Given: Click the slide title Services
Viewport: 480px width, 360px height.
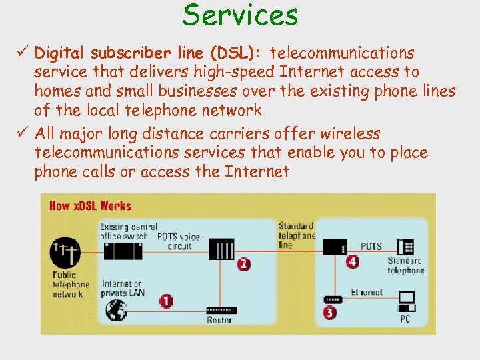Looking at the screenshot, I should (240, 15).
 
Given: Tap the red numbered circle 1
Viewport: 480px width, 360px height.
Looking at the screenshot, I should (166, 301).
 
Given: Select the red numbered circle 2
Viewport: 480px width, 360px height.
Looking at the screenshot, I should (244, 264).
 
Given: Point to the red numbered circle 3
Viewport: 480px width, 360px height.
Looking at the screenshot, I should (329, 311).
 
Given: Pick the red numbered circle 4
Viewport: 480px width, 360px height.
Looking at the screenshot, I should (353, 261).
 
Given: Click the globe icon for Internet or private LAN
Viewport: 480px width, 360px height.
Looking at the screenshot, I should (117, 309).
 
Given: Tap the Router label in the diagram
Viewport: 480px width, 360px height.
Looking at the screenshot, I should (219, 321).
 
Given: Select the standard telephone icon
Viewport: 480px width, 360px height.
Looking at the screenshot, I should (405, 246).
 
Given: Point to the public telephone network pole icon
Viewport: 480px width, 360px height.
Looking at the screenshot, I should (65, 253).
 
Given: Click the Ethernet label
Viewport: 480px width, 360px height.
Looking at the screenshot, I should (367, 292).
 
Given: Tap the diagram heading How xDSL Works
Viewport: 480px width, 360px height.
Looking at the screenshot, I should (91, 205).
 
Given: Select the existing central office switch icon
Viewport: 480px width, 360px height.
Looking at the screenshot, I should (123, 251).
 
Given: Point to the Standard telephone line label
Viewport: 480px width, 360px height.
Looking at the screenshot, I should (297, 235).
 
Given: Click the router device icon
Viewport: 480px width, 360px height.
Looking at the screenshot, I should (219, 311).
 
